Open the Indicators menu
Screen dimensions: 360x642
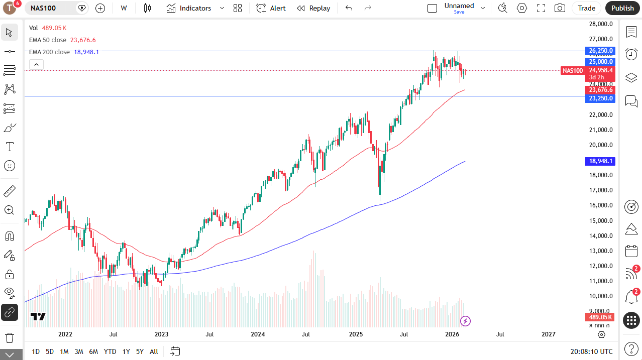pyautogui.click(x=189, y=8)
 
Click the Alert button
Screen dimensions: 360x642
pyautogui.click(x=271, y=8)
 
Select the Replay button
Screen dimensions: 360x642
pyautogui.click(x=313, y=8)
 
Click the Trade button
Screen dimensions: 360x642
pyautogui.click(x=586, y=8)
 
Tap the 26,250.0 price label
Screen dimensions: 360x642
pyautogui.click(x=600, y=51)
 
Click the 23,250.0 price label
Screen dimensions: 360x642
pyautogui.click(x=600, y=98)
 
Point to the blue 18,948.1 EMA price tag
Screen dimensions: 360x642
pyautogui.click(x=600, y=161)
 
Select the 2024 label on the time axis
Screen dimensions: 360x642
pyautogui.click(x=258, y=334)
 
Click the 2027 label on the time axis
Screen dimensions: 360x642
pyautogui.click(x=548, y=334)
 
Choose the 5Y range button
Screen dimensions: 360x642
pyautogui.click(x=140, y=351)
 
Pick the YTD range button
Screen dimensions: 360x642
pyautogui.click(x=110, y=351)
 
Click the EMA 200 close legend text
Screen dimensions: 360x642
pyautogui.click(x=49, y=52)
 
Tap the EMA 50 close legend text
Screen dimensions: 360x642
pyautogui.click(x=47, y=40)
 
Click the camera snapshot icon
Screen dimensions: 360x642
pyautogui.click(x=559, y=8)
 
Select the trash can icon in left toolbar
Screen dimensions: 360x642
pyautogui.click(x=9, y=337)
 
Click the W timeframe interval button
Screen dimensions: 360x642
pyautogui.click(x=124, y=8)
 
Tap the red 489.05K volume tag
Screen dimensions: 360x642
pyautogui.click(x=600, y=317)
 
